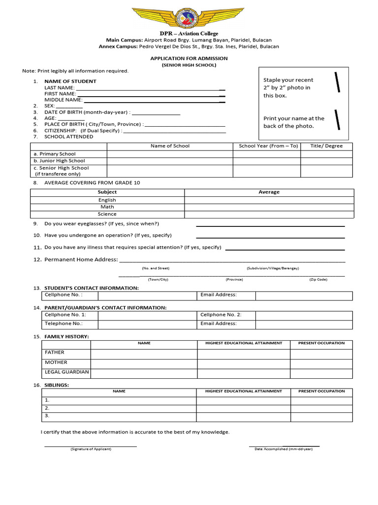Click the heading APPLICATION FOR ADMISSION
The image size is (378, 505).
click(189, 58)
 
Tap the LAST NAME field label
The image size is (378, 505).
click(60, 87)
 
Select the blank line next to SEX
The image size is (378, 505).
click(69, 106)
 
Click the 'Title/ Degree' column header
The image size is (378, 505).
click(326, 146)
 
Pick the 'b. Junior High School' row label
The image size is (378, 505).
click(59, 161)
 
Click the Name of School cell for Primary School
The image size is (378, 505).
click(170, 154)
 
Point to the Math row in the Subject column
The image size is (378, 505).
click(107, 207)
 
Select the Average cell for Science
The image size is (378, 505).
click(269, 214)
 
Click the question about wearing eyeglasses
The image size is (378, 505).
click(101, 223)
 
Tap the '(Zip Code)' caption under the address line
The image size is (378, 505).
click(318, 279)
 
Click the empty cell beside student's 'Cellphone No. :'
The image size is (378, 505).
click(147, 295)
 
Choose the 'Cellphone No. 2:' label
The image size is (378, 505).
click(221, 315)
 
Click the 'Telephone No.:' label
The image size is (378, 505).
click(63, 324)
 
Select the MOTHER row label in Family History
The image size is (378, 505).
click(56, 362)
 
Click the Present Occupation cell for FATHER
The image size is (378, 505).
click(321, 353)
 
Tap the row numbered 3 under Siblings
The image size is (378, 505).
click(47, 416)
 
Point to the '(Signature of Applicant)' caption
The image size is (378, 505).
click(91, 449)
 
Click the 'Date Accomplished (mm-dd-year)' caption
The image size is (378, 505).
click(283, 449)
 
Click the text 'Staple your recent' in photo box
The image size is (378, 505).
click(288, 80)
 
